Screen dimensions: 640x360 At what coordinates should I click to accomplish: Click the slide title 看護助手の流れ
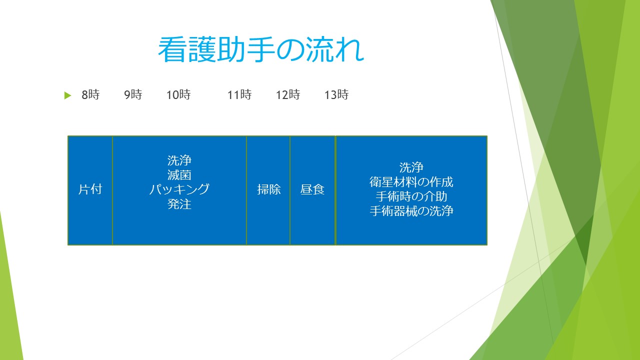tap(261, 49)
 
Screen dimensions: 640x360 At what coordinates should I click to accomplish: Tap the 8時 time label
tap(90, 94)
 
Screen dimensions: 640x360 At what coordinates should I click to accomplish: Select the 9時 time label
tap(133, 94)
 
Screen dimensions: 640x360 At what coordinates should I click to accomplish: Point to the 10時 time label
tap(178, 94)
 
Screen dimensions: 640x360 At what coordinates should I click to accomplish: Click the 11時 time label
tap(239, 94)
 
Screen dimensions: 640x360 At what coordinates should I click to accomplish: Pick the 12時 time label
tap(288, 94)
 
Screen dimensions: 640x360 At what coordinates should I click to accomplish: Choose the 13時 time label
tap(336, 94)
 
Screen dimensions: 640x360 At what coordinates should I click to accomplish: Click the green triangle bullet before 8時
tap(67, 95)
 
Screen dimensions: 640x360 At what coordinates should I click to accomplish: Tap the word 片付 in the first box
tap(90, 189)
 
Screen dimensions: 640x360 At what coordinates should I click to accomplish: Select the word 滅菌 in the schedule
tap(179, 175)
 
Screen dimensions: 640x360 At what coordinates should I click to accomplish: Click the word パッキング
tap(179, 189)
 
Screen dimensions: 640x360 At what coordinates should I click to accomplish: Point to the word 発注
tap(179, 204)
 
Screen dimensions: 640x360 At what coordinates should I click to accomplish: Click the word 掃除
tap(269, 189)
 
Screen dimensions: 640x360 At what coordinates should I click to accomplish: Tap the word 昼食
tap(312, 189)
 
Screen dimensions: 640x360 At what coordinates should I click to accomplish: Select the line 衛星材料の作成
tap(411, 182)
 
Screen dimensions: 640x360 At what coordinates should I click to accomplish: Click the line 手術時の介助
tap(411, 196)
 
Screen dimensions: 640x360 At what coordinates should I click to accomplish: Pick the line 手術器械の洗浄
tap(411, 211)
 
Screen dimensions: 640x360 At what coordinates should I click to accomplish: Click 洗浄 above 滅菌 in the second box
tap(179, 160)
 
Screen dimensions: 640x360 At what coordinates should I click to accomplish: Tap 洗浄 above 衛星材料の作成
tap(411, 167)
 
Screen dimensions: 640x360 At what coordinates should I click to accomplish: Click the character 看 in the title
tap(171, 49)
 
